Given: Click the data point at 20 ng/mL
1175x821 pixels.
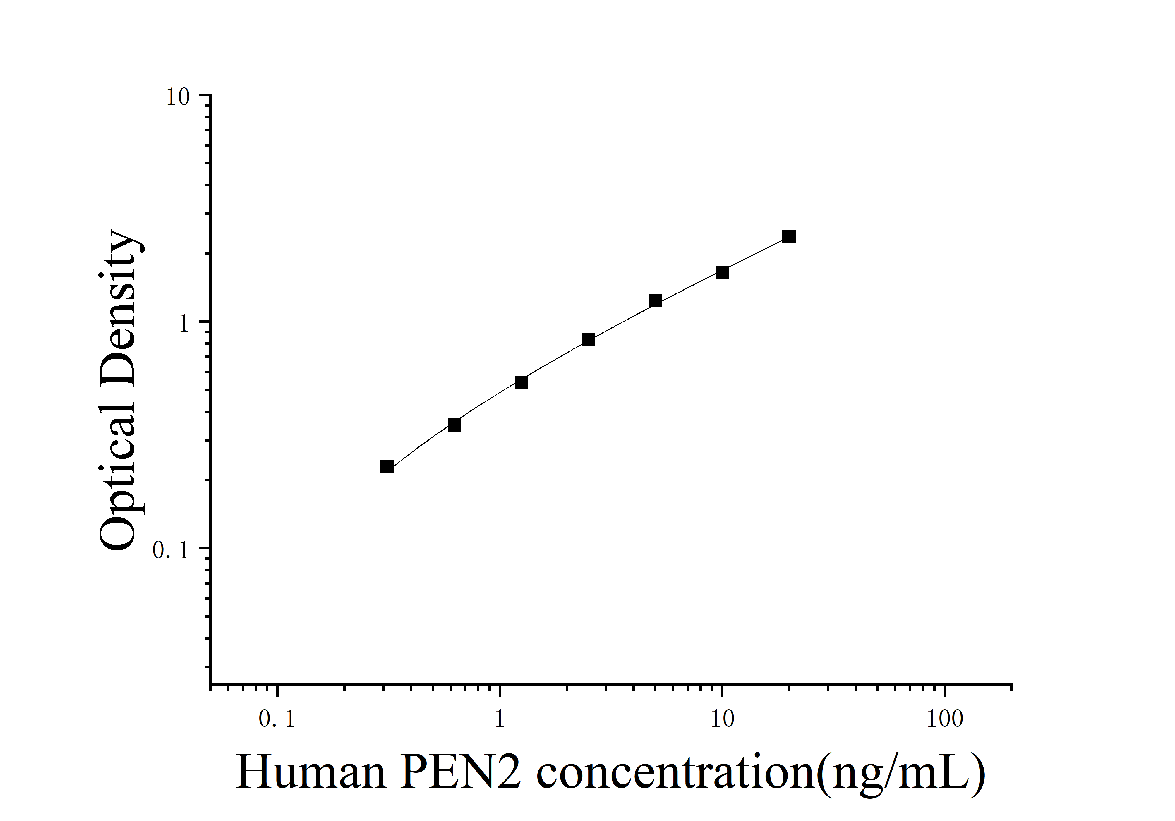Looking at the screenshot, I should pos(789,236).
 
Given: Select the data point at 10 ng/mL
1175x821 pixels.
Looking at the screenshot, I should pos(722,273).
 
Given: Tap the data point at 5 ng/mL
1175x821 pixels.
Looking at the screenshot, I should pos(655,300).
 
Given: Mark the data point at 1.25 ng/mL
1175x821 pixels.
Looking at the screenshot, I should pos(521,382).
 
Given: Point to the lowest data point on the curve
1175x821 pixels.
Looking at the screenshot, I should pos(387,466).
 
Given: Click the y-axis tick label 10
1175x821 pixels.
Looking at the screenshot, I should pos(178,97).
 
